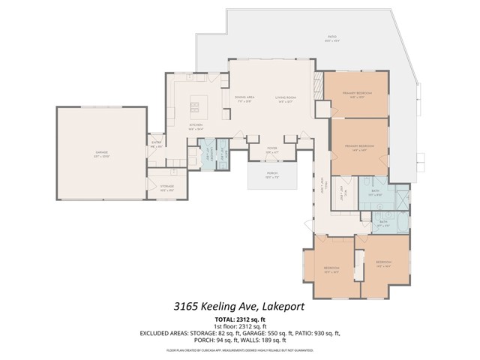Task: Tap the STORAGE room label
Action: tap(166, 187)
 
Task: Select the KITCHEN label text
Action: tap(196, 125)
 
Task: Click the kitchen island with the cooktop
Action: tap(200, 100)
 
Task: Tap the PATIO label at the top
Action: tap(331, 37)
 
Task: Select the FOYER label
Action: tap(272, 149)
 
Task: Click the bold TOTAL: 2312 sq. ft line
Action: tap(239, 320)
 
